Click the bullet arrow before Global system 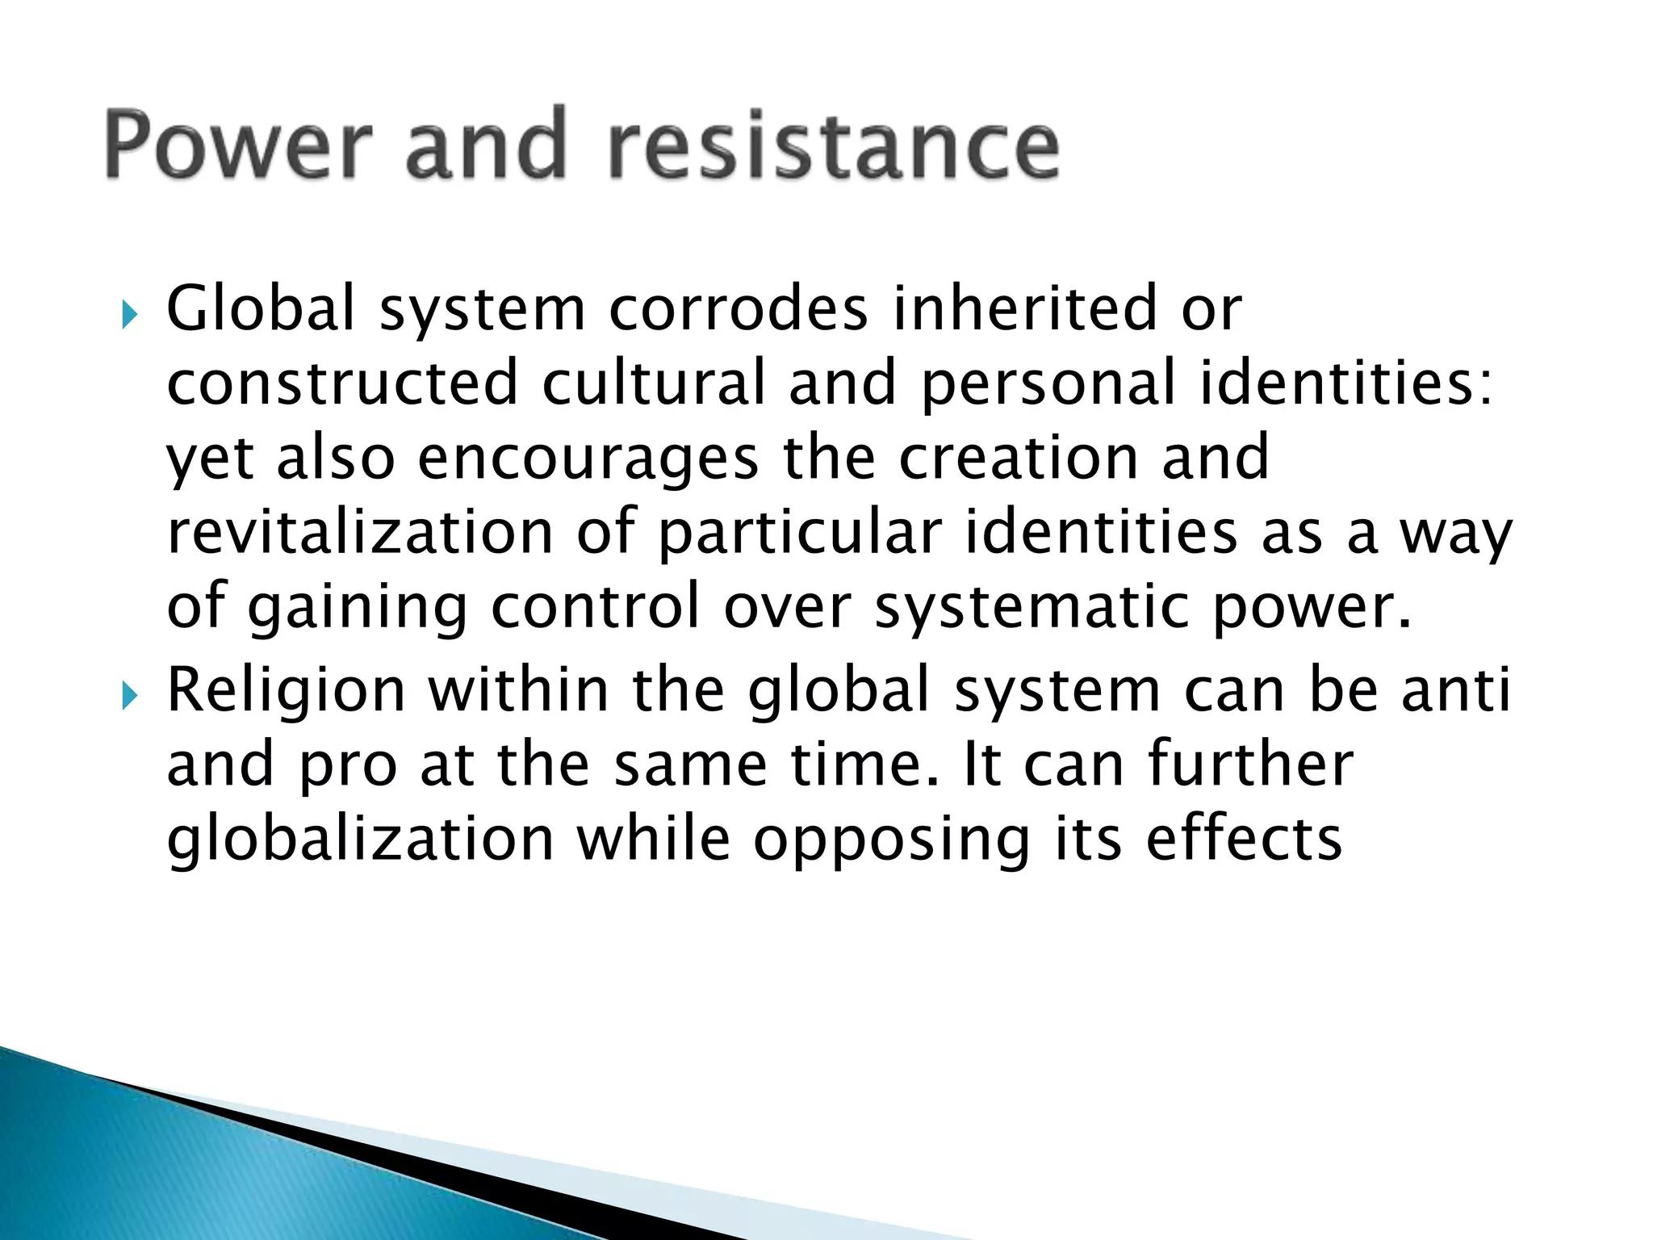point(129,315)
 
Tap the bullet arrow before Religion point(129,696)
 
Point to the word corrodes point(739,309)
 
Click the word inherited point(1025,309)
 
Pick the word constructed point(342,383)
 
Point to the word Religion point(286,693)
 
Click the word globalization point(360,840)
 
